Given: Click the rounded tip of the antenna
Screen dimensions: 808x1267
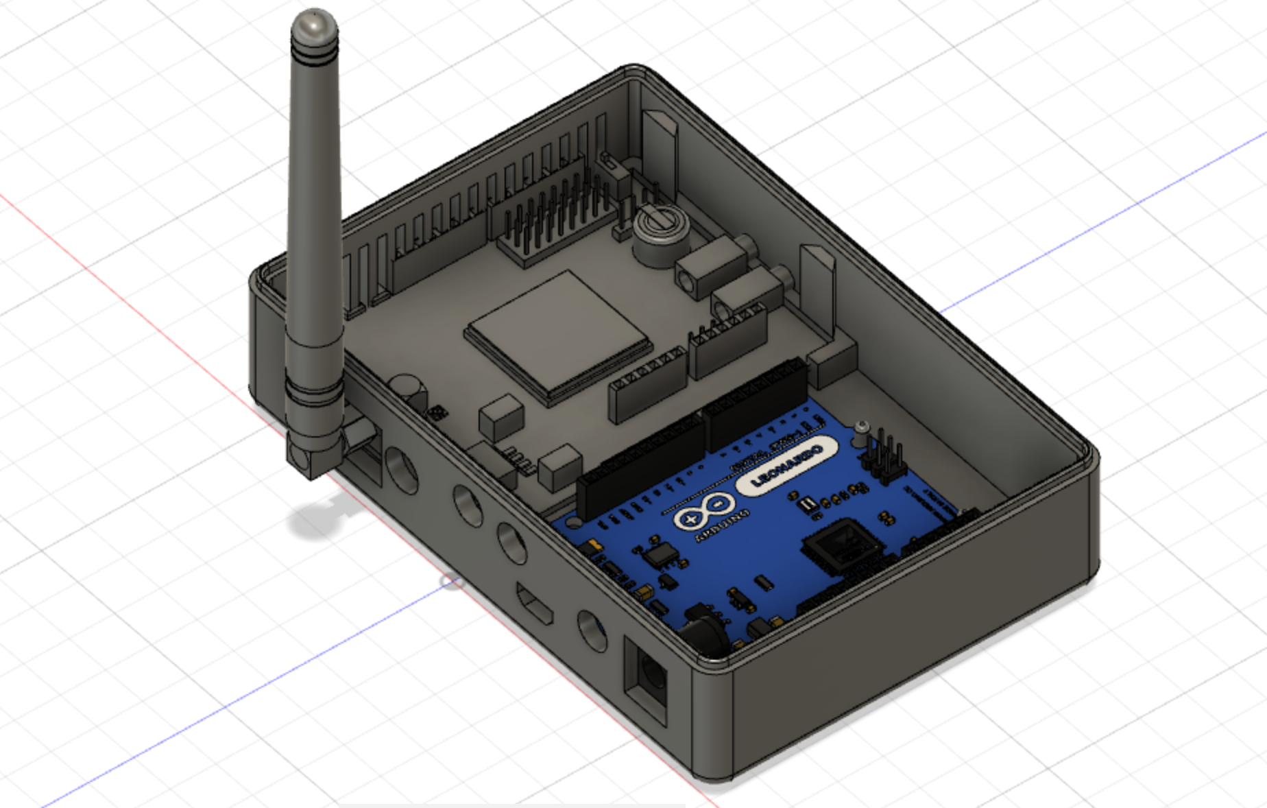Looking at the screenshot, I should click(x=314, y=25).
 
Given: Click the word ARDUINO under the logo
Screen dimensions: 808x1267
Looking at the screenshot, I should click(x=721, y=524).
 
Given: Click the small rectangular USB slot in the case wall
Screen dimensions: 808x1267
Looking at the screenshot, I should click(x=535, y=603).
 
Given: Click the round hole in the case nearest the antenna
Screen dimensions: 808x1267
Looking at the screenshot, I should click(x=402, y=470).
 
